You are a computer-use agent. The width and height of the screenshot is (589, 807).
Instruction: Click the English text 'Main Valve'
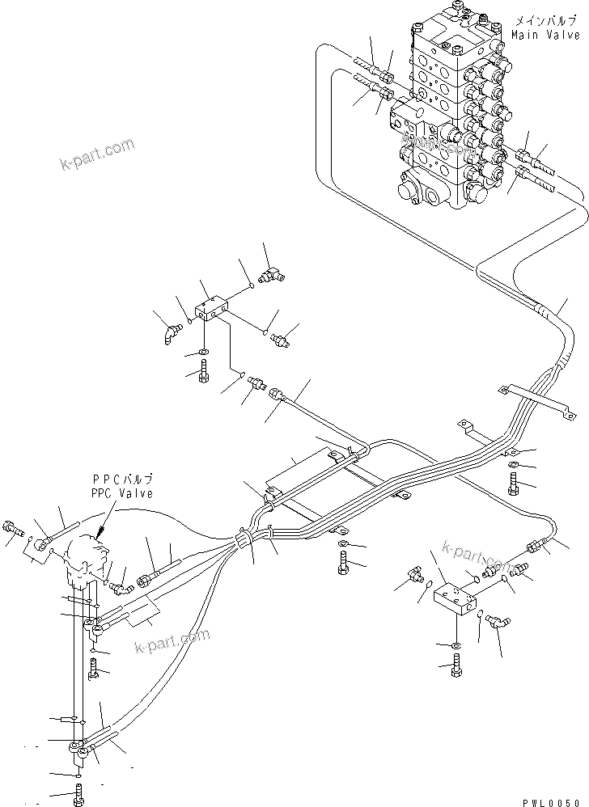click(545, 36)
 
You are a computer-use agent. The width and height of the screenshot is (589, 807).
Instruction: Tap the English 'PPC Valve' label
click(122, 493)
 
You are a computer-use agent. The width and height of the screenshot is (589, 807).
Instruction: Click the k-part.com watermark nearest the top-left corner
click(96, 156)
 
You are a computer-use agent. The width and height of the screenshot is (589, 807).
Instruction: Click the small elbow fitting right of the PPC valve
click(121, 577)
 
